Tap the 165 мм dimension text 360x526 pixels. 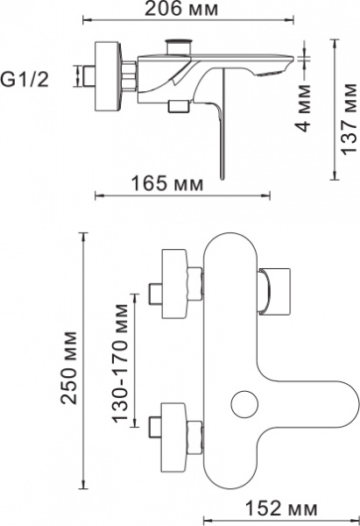(167, 185)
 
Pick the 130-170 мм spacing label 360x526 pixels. (122, 362)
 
